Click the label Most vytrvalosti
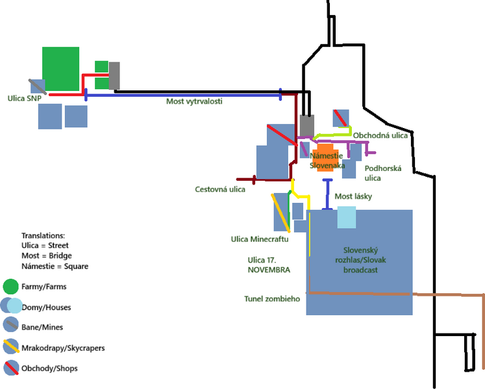coord(194,102)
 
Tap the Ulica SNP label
coord(25,99)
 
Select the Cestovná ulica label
coord(220,189)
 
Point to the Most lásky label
coord(353,196)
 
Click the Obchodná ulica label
coord(380,135)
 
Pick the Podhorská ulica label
coord(383,173)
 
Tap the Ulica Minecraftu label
coord(260,239)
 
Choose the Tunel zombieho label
coord(272,299)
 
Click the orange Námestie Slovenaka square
coord(324,156)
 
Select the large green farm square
coord(61,68)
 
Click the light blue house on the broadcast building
coord(347,217)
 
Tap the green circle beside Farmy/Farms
coord(10,286)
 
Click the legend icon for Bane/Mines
coord(10,326)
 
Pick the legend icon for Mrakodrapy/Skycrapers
coord(10,347)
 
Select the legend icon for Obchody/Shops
coord(10,368)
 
